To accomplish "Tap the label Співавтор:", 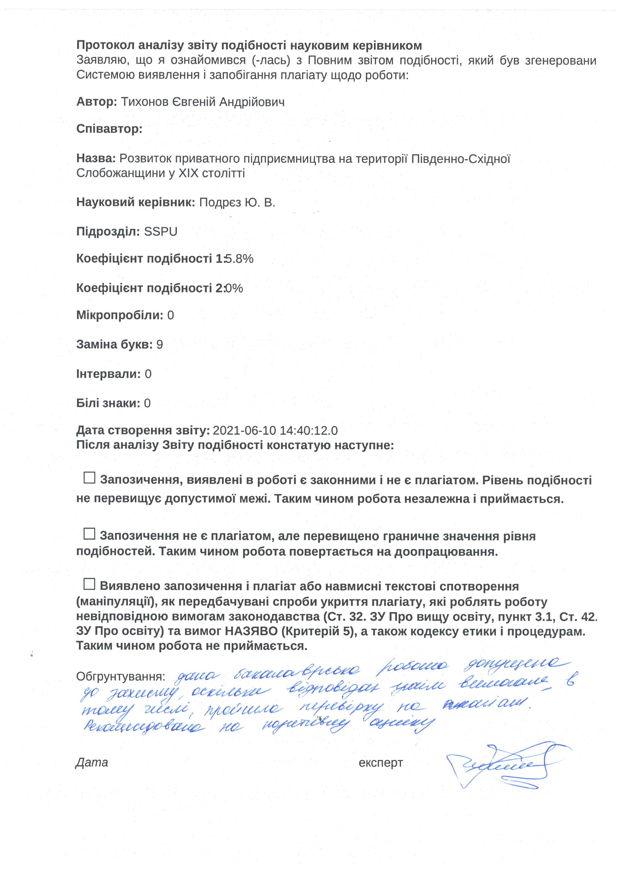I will pyautogui.click(x=109, y=129).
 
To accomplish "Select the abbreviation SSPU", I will pyautogui.click(x=161, y=232).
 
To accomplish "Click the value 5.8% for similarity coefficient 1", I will pyautogui.click(x=239, y=259).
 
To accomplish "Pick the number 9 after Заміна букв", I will pyautogui.click(x=159, y=345).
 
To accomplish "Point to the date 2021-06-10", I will pyautogui.click(x=244, y=431).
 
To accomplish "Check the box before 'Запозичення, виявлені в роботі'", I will pyautogui.click(x=89, y=478).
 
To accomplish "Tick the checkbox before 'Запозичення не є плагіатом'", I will pyautogui.click(x=89, y=534).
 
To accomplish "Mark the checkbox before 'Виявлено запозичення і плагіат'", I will pyautogui.click(x=89, y=584).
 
